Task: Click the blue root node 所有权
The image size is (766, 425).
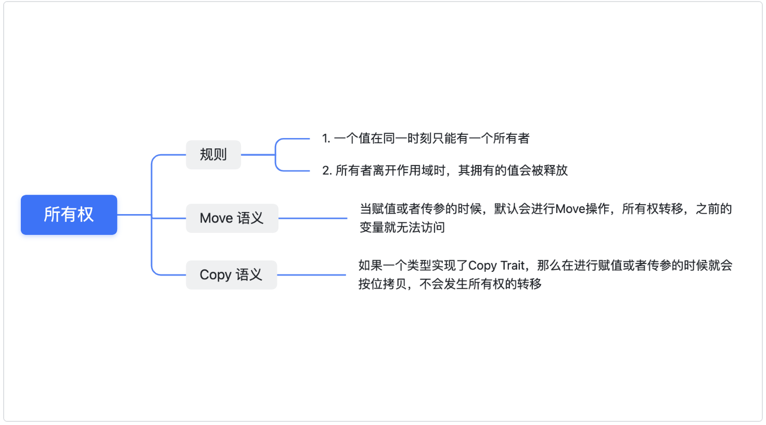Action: coord(69,215)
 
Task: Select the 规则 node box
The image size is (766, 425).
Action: coord(213,155)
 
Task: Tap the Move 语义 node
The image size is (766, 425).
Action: coord(232,218)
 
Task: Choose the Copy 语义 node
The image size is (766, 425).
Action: coord(231,275)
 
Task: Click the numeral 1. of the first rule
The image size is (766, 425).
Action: coord(326,139)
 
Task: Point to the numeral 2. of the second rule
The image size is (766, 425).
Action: coord(327,171)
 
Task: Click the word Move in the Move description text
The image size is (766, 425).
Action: coord(570,209)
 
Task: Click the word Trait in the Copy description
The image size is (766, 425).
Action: coord(512,266)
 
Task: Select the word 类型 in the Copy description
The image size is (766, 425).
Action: coord(419,266)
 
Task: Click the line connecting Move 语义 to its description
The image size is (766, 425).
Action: coord(312,218)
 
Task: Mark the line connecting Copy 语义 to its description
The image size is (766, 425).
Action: coord(311,275)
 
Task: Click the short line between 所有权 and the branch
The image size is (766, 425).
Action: coord(134,215)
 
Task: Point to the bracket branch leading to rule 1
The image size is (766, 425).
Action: coord(291,139)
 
